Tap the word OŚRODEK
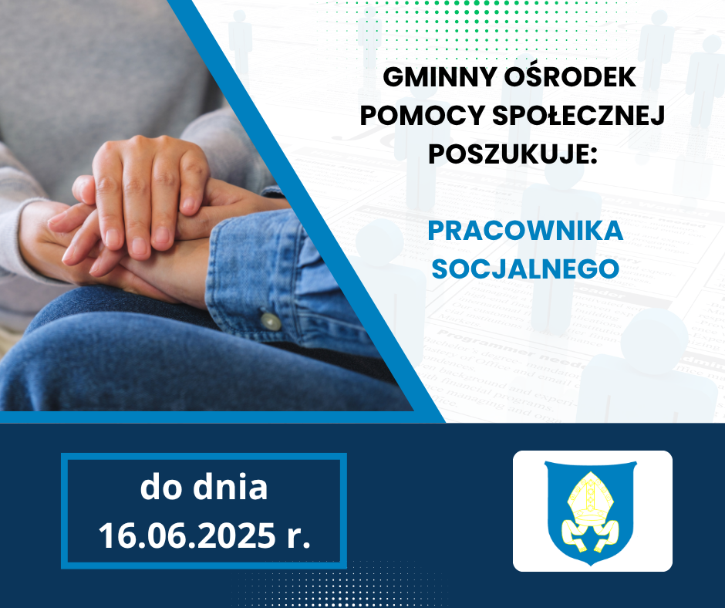[570, 77]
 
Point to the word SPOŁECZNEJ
[578, 116]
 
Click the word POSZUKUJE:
[513, 154]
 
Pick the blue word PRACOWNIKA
[525, 231]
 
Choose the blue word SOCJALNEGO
[525, 269]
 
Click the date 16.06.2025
[187, 535]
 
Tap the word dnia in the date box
[231, 487]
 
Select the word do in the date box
[160, 487]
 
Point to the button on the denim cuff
[270, 321]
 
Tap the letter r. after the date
[298, 537]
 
